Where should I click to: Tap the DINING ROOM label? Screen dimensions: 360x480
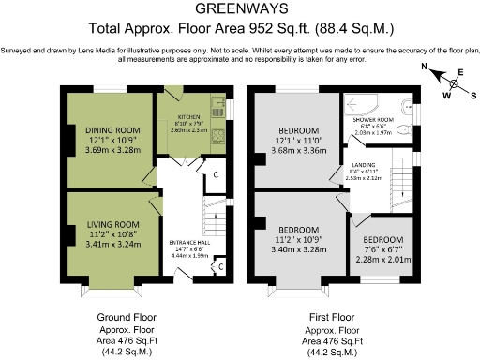pyautogui.click(x=112, y=129)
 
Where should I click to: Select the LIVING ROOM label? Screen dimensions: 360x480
pyautogui.click(x=112, y=224)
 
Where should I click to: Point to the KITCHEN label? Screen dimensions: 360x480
pyautogui.click(x=189, y=118)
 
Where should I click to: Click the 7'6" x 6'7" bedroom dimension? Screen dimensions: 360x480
pyautogui.click(x=382, y=249)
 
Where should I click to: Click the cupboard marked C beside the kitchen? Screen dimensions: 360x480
pyautogui.click(x=215, y=174)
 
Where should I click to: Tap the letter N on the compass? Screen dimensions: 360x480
pyautogui.click(x=425, y=67)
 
